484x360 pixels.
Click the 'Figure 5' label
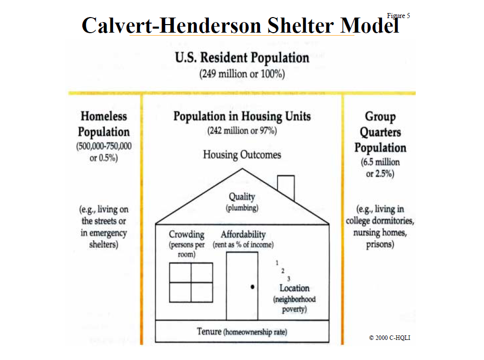398,16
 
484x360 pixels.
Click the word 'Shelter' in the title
300,25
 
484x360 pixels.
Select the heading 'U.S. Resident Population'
242,58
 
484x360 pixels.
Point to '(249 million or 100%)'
242,74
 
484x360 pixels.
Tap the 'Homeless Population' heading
104,124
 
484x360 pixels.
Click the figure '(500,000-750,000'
104,146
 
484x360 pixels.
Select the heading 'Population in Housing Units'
242,116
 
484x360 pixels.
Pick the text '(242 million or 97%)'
242,131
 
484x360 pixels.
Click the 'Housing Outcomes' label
242,154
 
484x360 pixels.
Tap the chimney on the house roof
286,187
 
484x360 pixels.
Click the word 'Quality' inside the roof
242,197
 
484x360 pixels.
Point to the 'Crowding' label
186,234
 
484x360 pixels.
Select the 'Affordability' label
243,234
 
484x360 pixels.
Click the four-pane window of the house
191,282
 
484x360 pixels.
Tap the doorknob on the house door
253,287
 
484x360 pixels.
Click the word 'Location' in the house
295,288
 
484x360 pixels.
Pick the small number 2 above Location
283,271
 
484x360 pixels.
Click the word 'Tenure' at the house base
209,331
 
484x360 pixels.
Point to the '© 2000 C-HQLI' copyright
390,338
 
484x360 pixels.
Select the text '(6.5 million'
380,162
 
